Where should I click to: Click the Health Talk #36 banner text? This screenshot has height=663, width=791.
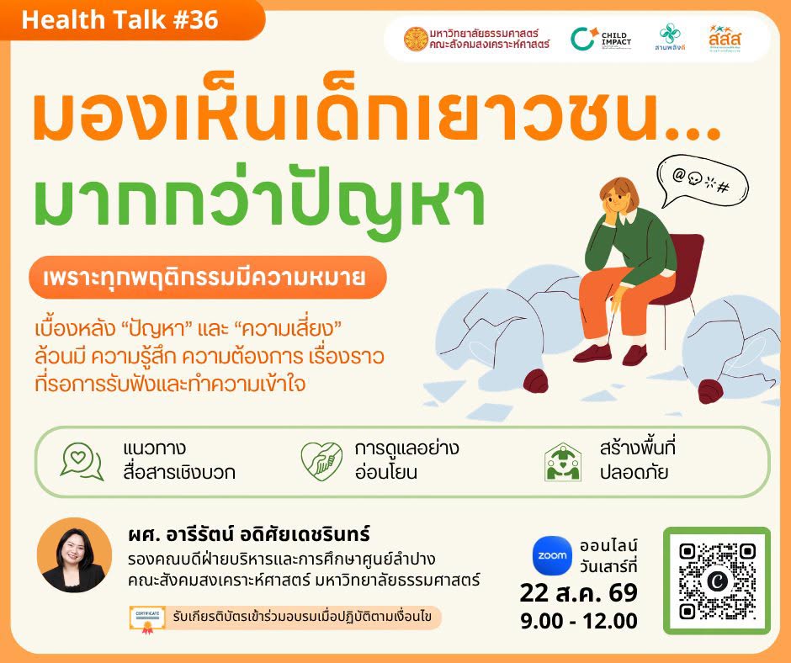pyautogui.click(x=120, y=20)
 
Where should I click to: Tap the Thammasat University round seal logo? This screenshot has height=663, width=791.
pyautogui.click(x=416, y=40)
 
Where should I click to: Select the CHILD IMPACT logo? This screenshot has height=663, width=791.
pyautogui.click(x=601, y=40)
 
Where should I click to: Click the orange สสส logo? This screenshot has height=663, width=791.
pyautogui.click(x=725, y=39)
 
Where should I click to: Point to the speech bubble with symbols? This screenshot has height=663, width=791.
pyautogui.click(x=702, y=180)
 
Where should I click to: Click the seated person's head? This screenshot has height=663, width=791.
pyautogui.click(x=619, y=196)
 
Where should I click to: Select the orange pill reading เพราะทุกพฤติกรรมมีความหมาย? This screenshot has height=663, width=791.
pyautogui.click(x=207, y=278)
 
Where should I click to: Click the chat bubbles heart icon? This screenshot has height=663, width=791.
pyautogui.click(x=82, y=461)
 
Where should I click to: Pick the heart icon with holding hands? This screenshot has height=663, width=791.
pyautogui.click(x=321, y=461)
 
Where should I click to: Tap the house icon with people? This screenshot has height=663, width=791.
pyautogui.click(x=563, y=462)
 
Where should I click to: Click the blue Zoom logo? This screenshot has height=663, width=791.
pyautogui.click(x=552, y=555)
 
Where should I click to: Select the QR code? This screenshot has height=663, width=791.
pyautogui.click(x=717, y=581)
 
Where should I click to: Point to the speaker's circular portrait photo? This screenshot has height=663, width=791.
pyautogui.click(x=75, y=555)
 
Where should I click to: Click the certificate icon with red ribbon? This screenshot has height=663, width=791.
pyautogui.click(x=147, y=619)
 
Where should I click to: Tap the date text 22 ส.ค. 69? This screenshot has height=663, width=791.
pyautogui.click(x=579, y=593)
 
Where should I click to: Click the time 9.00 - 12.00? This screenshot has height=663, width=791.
pyautogui.click(x=579, y=621)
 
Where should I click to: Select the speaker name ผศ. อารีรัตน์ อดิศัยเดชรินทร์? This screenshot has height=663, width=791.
pyautogui.click(x=249, y=533)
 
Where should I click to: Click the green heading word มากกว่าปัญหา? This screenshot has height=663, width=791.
pyautogui.click(x=259, y=201)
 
